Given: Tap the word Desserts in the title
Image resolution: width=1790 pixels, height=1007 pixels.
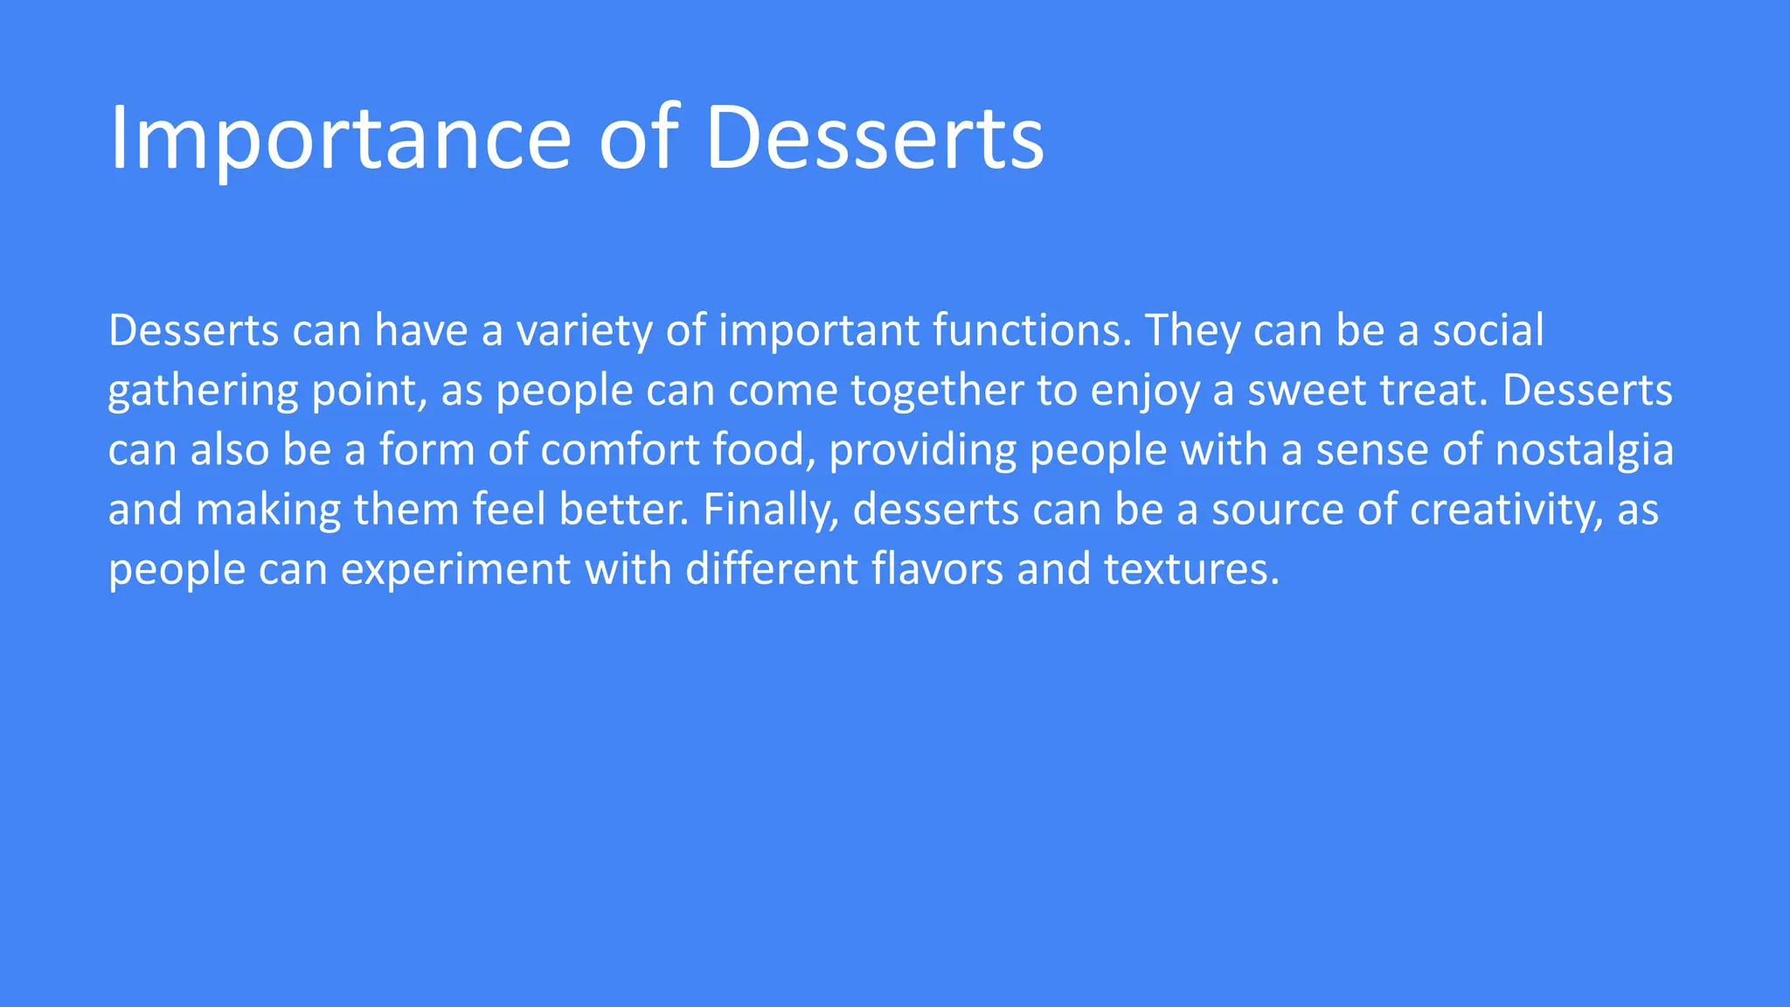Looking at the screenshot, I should pos(874,138).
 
